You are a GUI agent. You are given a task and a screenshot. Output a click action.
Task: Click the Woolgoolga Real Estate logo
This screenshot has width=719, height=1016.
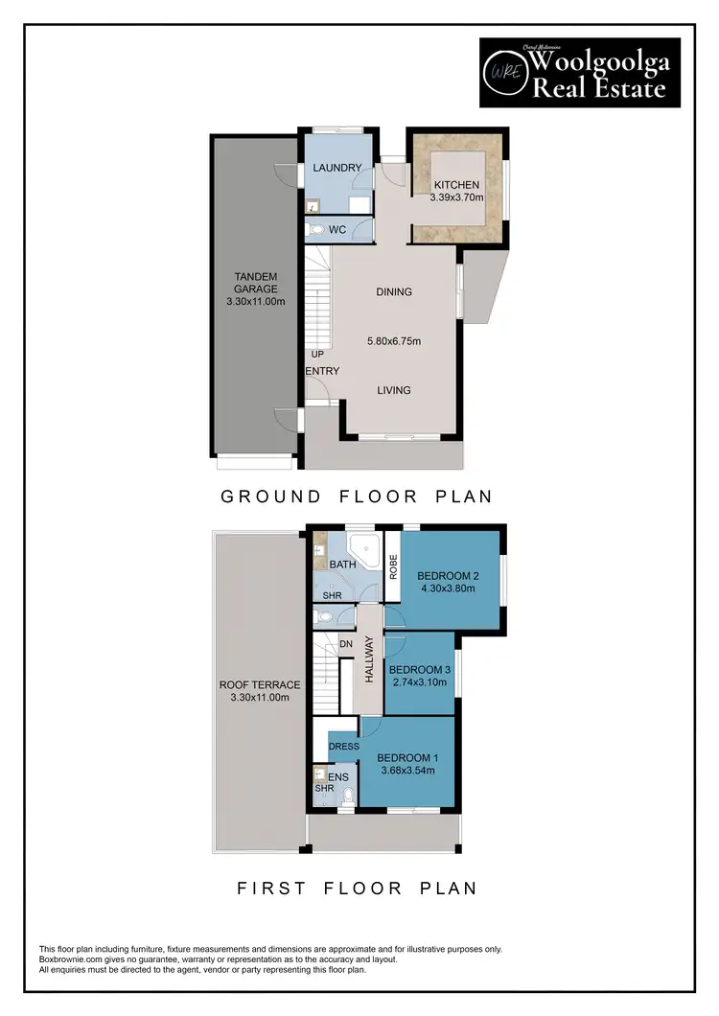[579, 73]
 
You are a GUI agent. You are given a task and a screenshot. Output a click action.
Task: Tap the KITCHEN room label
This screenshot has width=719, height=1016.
[456, 185]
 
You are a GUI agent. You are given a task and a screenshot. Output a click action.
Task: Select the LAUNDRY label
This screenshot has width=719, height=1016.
[336, 169]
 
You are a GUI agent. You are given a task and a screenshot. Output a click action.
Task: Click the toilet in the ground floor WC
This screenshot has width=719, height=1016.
[316, 230]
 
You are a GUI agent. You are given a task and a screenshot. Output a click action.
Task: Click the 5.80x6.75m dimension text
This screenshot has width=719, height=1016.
[395, 340]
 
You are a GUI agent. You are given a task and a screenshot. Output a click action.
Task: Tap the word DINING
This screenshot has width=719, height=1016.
[394, 291]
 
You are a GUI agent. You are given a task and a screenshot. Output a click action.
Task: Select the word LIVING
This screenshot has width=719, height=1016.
[394, 390]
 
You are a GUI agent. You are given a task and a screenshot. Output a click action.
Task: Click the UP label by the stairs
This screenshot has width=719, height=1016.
[317, 354]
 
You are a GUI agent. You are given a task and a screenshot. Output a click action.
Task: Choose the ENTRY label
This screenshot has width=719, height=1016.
[322, 371]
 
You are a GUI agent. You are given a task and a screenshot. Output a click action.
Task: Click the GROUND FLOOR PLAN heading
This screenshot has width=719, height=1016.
[357, 496]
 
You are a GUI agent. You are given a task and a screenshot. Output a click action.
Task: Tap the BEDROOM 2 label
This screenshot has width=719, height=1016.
[448, 576]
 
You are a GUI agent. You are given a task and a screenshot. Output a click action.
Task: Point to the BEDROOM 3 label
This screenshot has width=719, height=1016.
[421, 669]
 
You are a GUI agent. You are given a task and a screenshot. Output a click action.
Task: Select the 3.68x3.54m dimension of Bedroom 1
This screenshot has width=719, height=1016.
[408, 770]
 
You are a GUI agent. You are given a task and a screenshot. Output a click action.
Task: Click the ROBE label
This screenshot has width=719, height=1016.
[392, 565]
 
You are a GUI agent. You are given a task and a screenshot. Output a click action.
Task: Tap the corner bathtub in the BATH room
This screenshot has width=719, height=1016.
[363, 549]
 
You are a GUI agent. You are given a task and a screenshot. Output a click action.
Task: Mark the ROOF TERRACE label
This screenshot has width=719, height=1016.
[260, 685]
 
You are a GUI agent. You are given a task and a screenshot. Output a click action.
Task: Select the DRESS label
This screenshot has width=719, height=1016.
[343, 747]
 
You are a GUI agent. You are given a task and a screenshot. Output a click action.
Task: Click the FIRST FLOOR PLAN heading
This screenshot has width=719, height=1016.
[357, 889]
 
